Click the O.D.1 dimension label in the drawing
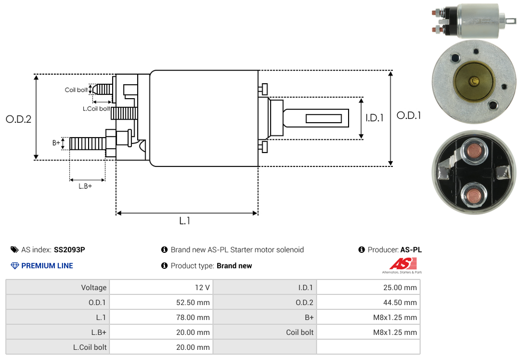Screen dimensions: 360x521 point(408,115)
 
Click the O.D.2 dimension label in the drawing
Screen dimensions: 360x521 point(19,119)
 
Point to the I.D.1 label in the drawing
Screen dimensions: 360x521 point(374,118)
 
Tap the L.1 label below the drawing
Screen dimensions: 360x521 point(185,221)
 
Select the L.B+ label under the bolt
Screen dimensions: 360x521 point(85,186)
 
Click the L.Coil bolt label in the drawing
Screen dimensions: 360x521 point(96,109)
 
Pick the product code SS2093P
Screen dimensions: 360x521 point(69,250)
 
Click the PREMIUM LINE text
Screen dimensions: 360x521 point(47,266)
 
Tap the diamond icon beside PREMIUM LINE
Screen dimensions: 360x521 point(15,266)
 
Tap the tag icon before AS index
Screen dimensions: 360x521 point(14,250)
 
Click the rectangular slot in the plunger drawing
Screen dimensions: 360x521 point(323,118)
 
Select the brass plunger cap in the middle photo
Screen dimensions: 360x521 point(473,81)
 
